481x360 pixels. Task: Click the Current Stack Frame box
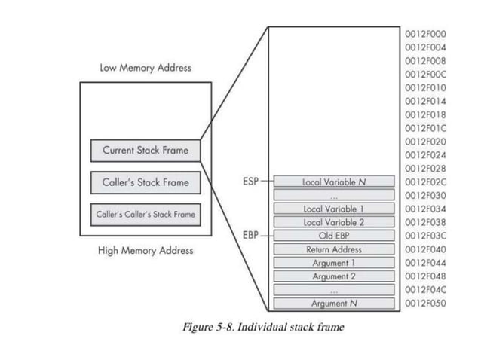click(x=146, y=150)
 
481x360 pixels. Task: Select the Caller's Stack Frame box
click(x=146, y=182)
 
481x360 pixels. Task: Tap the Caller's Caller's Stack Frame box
click(x=146, y=215)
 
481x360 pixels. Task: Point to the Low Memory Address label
click(x=146, y=68)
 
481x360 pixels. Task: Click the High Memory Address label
click(x=146, y=250)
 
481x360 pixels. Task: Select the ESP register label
click(x=250, y=182)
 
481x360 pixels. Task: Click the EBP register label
click(x=250, y=235)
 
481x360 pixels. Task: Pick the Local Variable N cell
click(x=333, y=182)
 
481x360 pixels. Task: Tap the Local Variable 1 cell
click(x=333, y=209)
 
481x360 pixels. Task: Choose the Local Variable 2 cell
click(x=333, y=222)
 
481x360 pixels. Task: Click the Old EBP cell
click(x=333, y=236)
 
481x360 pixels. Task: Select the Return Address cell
click(x=333, y=249)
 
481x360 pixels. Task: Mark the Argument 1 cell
click(x=333, y=263)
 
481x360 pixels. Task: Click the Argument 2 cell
click(x=333, y=276)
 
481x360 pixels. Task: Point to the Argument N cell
click(x=333, y=304)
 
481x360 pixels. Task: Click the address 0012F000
click(x=425, y=34)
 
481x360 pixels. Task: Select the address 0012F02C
click(x=425, y=182)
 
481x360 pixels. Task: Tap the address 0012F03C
click(x=425, y=235)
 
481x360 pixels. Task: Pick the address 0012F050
click(x=425, y=303)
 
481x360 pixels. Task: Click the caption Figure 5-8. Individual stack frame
click(x=263, y=328)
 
